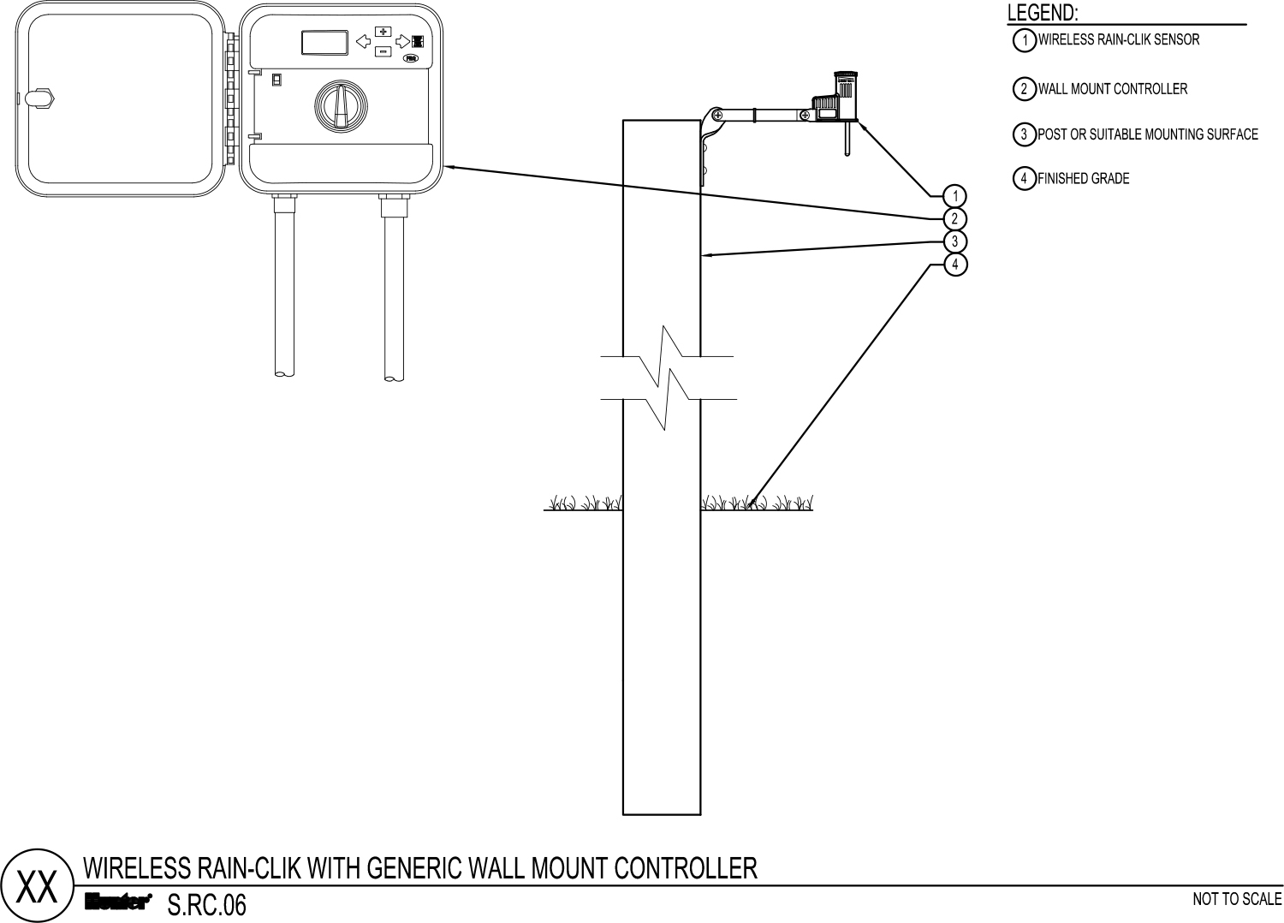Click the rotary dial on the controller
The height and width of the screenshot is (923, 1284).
[341, 106]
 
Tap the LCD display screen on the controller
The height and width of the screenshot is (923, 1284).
[325, 43]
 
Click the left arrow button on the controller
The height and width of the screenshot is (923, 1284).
[364, 41]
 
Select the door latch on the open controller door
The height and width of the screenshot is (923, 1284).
[39, 98]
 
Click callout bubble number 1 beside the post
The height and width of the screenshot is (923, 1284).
[955, 196]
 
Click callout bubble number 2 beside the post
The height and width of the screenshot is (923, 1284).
[955, 218]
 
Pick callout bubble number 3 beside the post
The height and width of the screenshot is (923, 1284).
[955, 241]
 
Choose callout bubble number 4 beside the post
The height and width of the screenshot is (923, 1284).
[955, 265]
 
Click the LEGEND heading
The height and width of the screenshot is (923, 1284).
[1043, 13]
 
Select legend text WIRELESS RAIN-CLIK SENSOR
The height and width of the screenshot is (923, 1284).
[1118, 39]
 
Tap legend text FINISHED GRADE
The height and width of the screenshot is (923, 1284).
[1084, 178]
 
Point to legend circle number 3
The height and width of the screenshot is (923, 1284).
[1025, 134]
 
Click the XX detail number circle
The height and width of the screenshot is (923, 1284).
[38, 885]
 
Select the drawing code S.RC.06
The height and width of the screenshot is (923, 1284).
[207, 905]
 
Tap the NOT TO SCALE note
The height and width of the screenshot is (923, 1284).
[1237, 899]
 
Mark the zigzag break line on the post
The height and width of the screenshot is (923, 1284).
[669, 378]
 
